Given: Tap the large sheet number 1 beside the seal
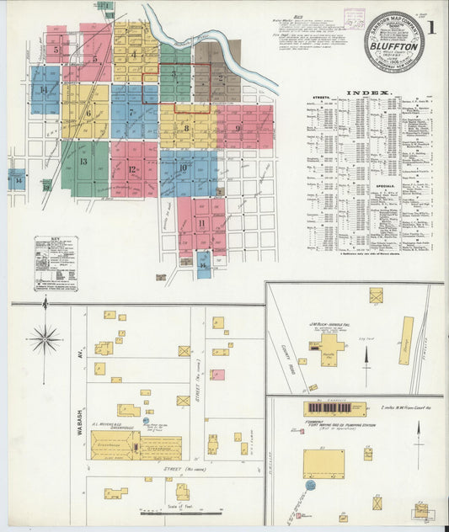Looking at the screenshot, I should coord(432,28).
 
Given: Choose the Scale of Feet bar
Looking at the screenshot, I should coord(180,511).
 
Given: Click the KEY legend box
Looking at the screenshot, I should coord(56,263).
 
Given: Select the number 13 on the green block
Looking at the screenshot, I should coord(83,162).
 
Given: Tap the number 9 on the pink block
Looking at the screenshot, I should coord(239,129).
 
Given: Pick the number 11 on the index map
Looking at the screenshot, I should coord(201,222).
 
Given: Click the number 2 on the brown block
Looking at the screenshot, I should coord(220,77).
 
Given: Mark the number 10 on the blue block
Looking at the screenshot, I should coord(183,168).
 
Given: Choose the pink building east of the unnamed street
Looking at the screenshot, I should coord(217,375).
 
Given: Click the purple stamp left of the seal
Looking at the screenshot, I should coord(355,19).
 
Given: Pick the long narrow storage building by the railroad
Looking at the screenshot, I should coord(407,340).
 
